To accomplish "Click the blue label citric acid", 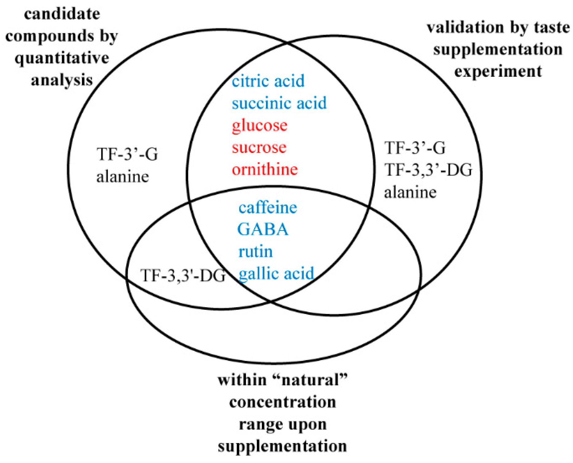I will point(268,81).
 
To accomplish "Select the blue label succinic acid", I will point(279,103).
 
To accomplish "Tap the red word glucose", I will point(260,125).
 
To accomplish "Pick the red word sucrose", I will point(259,147).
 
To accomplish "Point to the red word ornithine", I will point(265,169).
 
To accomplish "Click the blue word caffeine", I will point(268,208).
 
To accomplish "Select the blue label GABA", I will point(263,230).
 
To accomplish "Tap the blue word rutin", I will point(256,252).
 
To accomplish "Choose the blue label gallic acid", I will point(276,273).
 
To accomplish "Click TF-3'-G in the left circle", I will point(127,154).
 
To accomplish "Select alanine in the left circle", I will point(123,177).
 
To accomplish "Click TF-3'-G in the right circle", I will point(415,148).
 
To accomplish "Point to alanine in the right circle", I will point(410,193).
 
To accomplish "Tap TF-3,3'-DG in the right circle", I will point(428,170).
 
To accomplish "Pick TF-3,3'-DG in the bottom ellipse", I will point(183,275).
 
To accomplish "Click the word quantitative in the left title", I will point(62,58).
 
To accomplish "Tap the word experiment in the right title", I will point(498,72).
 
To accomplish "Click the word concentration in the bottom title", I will point(283,402).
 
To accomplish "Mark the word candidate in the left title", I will point(62,14).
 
